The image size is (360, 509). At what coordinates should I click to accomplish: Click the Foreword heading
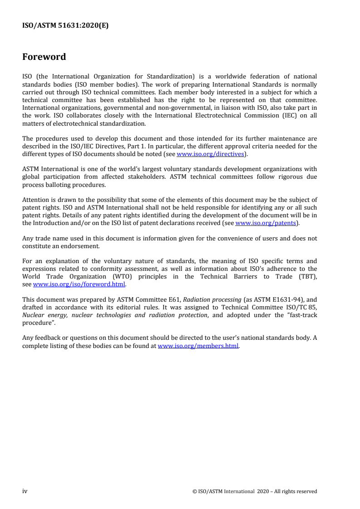click(44, 57)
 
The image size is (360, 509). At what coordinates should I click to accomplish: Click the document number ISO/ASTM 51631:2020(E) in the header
click(65, 26)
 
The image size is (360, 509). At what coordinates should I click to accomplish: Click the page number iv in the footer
click(25, 491)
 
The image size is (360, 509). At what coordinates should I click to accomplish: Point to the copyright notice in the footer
click(255, 491)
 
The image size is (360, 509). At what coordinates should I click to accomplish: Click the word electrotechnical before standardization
click(73, 123)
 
